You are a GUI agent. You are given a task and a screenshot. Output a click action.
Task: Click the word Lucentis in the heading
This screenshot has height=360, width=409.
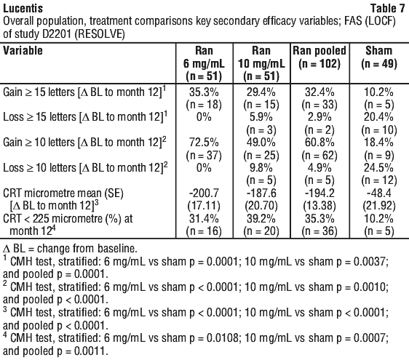(x=23, y=8)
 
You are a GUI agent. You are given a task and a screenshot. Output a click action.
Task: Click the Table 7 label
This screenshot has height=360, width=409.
(x=388, y=8)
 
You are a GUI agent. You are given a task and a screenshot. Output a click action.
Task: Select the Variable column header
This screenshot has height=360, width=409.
(x=23, y=50)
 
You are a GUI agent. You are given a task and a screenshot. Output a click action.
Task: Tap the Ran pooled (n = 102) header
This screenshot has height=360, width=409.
(x=319, y=57)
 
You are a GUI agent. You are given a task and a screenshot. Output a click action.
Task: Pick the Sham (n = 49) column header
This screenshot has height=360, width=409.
(x=379, y=57)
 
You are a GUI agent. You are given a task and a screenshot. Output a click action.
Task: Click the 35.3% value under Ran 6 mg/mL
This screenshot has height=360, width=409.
(x=204, y=92)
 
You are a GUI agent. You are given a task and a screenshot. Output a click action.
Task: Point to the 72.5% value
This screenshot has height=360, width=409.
(x=204, y=143)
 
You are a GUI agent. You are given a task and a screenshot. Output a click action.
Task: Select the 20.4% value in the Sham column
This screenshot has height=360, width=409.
(x=378, y=117)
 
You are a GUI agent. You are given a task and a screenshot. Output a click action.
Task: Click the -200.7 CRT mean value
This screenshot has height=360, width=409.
(x=204, y=193)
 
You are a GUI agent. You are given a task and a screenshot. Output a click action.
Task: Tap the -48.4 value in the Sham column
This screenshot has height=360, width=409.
(x=378, y=193)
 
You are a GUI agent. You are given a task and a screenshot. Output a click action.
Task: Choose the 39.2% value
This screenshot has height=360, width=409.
(x=261, y=218)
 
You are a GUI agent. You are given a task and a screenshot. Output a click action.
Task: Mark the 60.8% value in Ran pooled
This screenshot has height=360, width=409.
(x=319, y=143)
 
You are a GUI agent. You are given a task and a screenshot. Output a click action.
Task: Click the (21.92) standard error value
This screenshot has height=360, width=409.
(x=378, y=206)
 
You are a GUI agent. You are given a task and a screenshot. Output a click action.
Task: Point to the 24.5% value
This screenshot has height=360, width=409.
(x=378, y=167)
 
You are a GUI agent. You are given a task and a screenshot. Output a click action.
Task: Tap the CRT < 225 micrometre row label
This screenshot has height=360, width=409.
(x=68, y=225)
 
